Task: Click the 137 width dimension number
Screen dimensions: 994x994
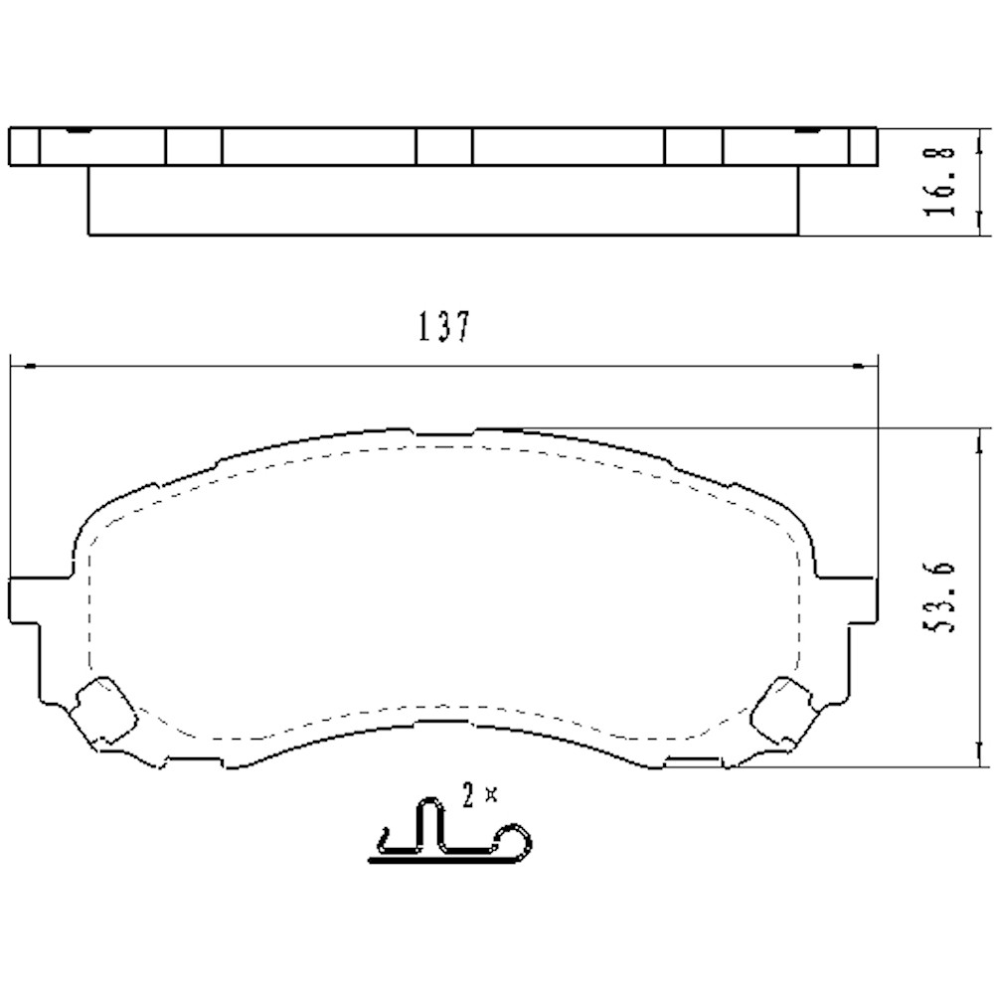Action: (x=442, y=327)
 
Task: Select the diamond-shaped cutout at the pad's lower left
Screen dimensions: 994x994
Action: (x=103, y=710)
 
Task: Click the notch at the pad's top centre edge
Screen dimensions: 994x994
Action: (x=444, y=434)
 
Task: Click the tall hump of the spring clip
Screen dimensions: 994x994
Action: (x=428, y=820)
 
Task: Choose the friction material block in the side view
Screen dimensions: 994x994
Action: (x=442, y=201)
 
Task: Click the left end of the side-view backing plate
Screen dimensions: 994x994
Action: (x=23, y=146)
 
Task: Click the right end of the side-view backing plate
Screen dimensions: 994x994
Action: (x=863, y=146)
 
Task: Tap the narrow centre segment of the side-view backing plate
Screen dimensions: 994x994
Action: (x=443, y=146)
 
